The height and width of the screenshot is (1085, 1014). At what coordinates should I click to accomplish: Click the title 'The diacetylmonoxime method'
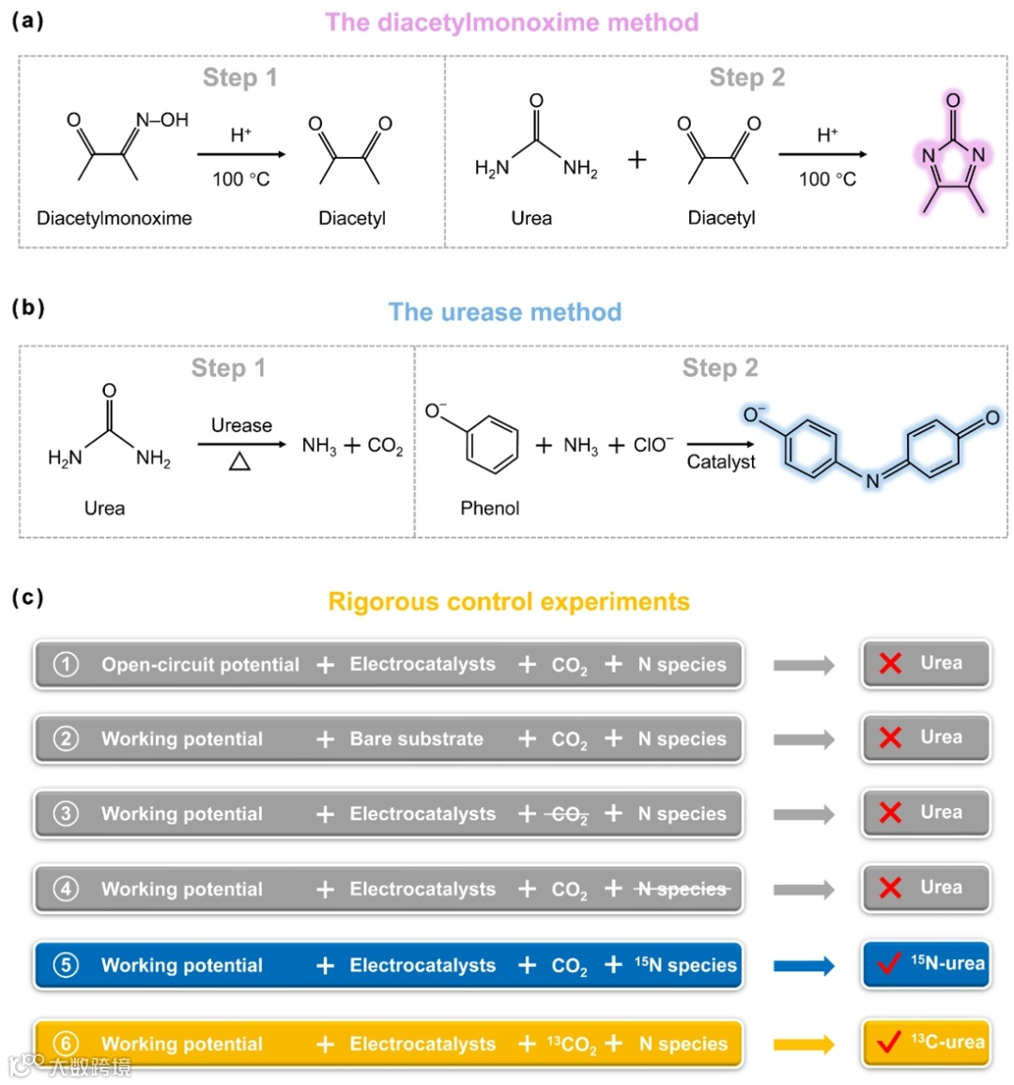(512, 23)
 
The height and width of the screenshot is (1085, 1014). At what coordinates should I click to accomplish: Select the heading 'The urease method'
(505, 312)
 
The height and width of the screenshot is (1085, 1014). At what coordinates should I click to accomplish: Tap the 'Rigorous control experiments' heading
(508, 601)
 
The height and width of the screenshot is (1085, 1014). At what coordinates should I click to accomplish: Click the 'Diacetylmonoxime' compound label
(114, 218)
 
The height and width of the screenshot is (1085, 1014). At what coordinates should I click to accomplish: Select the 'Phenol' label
(489, 508)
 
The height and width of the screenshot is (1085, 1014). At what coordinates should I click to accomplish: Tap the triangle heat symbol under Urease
(240, 460)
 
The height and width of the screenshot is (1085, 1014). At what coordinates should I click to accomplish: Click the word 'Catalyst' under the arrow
(720, 461)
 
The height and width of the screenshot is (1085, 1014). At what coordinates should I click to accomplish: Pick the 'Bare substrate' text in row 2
(416, 739)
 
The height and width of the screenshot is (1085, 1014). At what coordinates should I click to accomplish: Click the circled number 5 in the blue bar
(66, 965)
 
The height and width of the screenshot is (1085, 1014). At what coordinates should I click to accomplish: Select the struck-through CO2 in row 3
(569, 814)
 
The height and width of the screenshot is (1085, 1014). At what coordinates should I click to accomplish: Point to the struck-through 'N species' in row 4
(683, 889)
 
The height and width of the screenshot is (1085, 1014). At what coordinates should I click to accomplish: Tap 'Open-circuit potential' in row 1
(200, 664)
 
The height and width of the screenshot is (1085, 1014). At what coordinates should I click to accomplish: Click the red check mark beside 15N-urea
(888, 964)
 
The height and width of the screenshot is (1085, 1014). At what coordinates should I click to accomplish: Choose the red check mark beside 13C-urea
(888, 1043)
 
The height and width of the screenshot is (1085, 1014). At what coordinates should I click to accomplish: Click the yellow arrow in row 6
(804, 1044)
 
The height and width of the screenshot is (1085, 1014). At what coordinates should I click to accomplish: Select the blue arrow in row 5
(804, 966)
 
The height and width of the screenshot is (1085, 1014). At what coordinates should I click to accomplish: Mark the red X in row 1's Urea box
(890, 663)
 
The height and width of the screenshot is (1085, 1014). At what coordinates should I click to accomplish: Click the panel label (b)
(27, 307)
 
